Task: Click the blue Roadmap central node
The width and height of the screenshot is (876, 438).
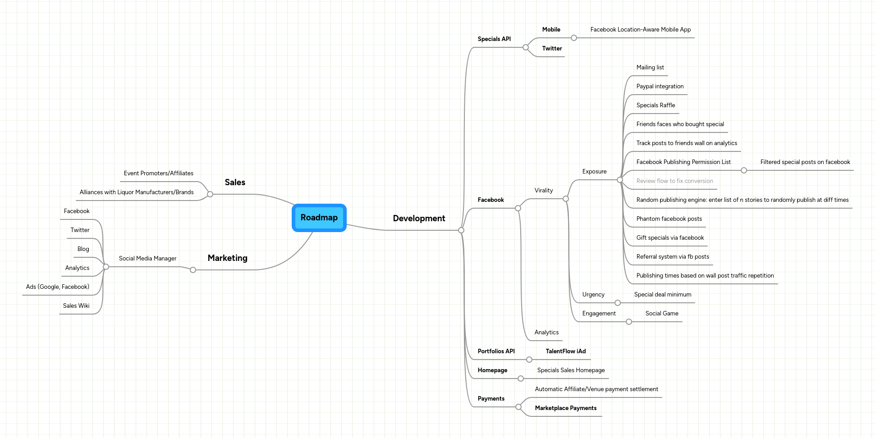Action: click(319, 218)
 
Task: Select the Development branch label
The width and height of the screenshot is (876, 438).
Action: click(419, 219)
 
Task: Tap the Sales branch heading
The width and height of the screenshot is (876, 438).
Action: click(235, 182)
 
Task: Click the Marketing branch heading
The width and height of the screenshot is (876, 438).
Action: click(227, 258)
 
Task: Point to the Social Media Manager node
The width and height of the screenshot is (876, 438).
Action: click(147, 259)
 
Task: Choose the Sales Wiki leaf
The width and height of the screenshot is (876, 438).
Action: click(76, 306)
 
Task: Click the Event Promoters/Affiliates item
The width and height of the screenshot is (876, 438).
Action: click(158, 173)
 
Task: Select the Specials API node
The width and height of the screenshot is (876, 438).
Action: click(494, 39)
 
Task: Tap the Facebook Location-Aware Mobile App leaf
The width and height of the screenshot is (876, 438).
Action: click(640, 30)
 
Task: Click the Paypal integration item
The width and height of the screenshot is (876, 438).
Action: click(660, 87)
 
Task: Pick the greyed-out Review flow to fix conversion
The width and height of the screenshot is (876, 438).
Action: click(674, 181)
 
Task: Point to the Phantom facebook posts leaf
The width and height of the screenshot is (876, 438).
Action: click(669, 219)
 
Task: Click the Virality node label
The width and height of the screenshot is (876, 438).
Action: click(543, 191)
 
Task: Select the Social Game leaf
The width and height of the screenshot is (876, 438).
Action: click(661, 314)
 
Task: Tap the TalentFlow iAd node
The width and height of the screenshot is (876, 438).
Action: click(565, 351)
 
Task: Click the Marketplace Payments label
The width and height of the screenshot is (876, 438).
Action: click(565, 408)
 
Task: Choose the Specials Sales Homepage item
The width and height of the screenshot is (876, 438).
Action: click(571, 370)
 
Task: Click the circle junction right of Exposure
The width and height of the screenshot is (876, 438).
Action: click(620, 180)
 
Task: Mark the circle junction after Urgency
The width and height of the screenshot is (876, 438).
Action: click(618, 303)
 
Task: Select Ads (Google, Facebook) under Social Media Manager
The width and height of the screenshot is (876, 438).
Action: click(58, 287)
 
